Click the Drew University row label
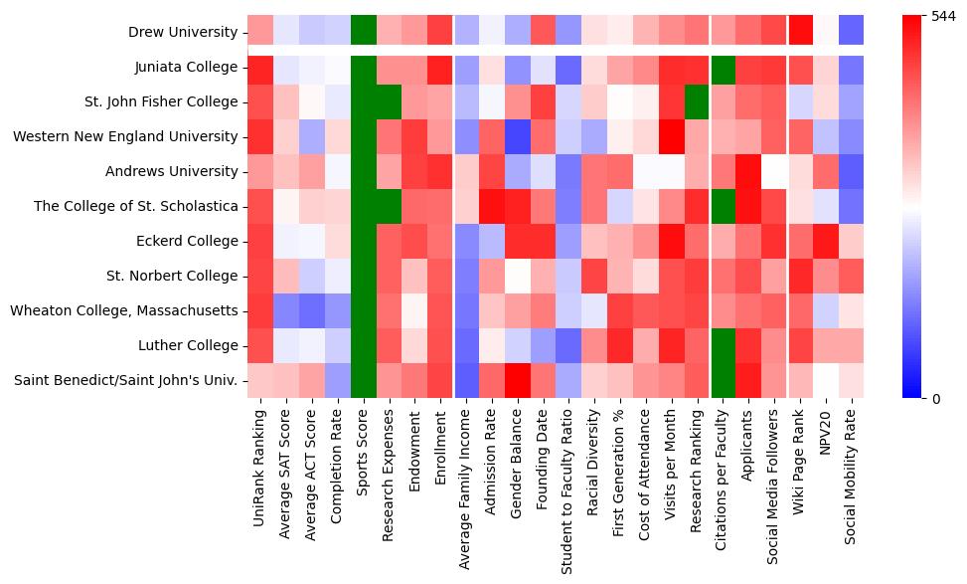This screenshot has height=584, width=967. click(183, 33)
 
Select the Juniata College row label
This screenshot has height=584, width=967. click(186, 68)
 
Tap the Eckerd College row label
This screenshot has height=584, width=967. click(189, 242)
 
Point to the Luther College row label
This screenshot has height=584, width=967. click(190, 346)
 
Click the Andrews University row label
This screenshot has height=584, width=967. click(171, 172)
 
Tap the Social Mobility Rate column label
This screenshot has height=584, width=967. click(850, 476)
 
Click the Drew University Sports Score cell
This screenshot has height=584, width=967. click(364, 33)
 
